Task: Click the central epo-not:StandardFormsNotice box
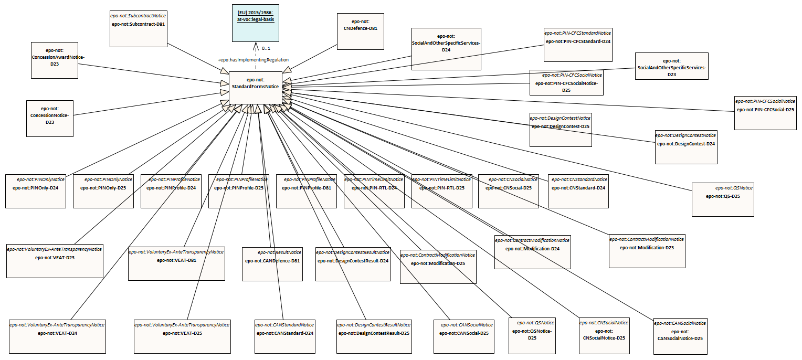pyautogui.click(x=255, y=87)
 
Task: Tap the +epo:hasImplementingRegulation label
pyautogui.click(x=253, y=60)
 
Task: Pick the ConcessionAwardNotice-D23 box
pyautogui.click(x=54, y=60)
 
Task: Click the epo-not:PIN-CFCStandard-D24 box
pyautogui.click(x=577, y=44)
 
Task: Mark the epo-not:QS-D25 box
pyautogui.click(x=722, y=199)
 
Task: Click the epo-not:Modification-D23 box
pyautogui.click(x=646, y=251)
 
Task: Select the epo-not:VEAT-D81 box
pyautogui.click(x=176, y=263)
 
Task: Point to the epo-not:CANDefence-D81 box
pyautogui.click(x=272, y=263)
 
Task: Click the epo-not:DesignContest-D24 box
pyautogui.click(x=685, y=147)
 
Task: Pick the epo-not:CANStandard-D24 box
pyautogui.click(x=285, y=336)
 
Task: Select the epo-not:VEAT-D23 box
pyautogui.click(x=55, y=260)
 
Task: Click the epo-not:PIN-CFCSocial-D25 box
pyautogui.click(x=765, y=113)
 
